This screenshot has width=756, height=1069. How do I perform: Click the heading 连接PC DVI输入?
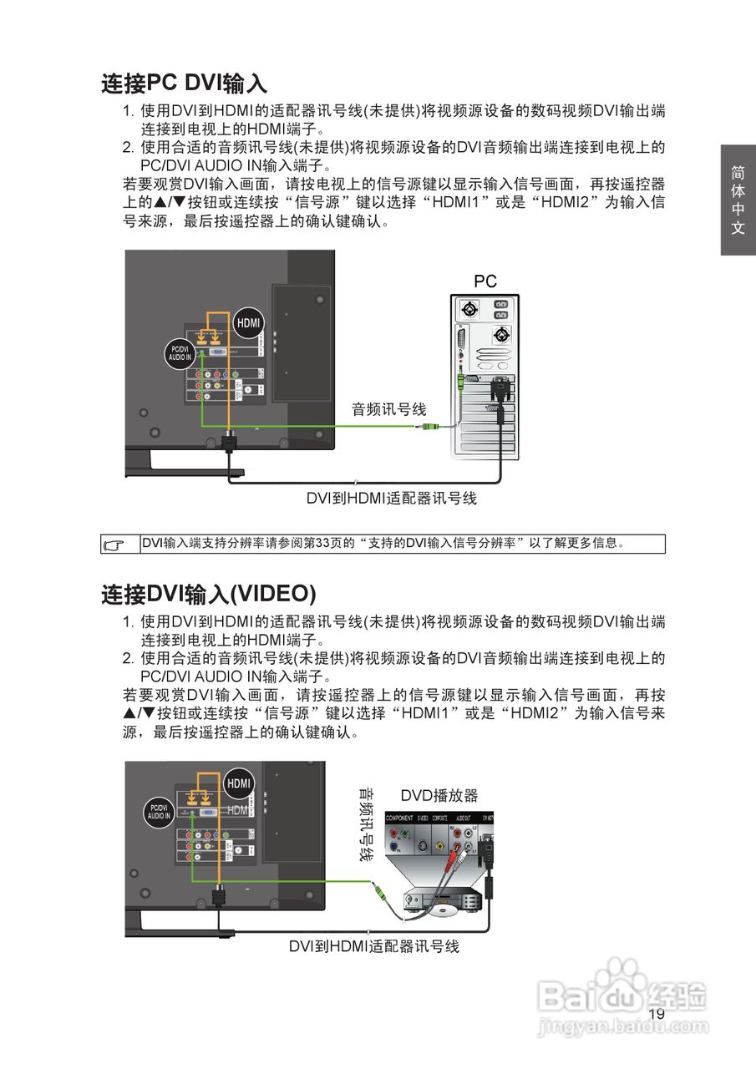(184, 84)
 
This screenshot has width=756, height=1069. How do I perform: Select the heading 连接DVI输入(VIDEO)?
(208, 594)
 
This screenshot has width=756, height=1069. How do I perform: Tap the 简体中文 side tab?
(738, 200)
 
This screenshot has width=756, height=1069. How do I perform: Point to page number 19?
(657, 1013)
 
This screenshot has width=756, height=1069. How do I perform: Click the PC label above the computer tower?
(485, 281)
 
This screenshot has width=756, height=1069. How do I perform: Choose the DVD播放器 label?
(439, 795)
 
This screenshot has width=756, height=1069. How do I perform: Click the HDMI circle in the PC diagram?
(248, 323)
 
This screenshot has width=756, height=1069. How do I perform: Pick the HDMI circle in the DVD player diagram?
(238, 783)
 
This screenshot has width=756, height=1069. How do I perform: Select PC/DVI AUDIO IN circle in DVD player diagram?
(159, 812)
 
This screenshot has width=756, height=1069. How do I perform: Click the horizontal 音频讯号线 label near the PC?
(388, 409)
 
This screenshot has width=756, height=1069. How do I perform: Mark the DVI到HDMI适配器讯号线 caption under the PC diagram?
(391, 499)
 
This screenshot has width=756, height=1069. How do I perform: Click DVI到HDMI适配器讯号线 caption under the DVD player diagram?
(374, 946)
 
